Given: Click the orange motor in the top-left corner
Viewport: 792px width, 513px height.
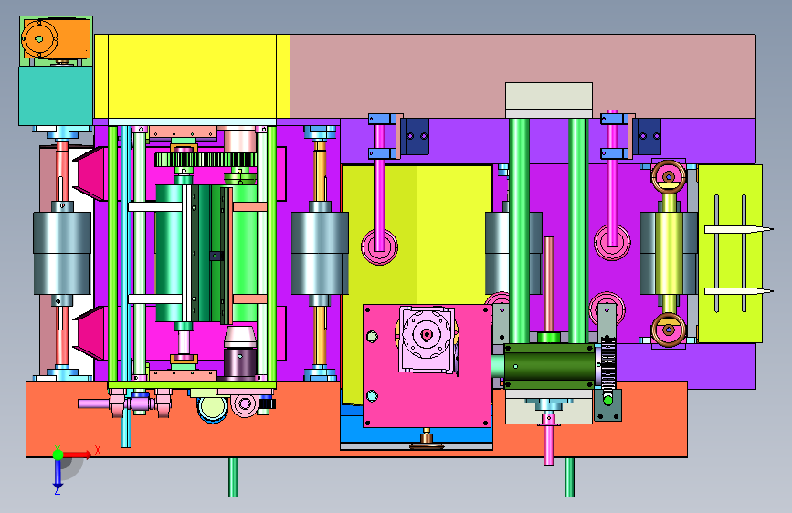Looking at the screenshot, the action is pyautogui.click(x=56, y=38).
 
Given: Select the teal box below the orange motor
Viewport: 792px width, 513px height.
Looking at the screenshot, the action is pyautogui.click(x=56, y=96).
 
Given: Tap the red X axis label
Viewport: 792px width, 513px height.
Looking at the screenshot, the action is pyautogui.click(x=98, y=450).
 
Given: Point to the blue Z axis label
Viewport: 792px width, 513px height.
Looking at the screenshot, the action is pyautogui.click(x=57, y=490).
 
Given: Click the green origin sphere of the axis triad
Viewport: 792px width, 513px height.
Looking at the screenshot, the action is pyautogui.click(x=58, y=455).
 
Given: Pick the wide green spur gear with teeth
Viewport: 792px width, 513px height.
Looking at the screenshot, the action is pyautogui.click(x=206, y=160).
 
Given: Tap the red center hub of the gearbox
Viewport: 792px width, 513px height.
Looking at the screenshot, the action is pyautogui.click(x=427, y=334).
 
